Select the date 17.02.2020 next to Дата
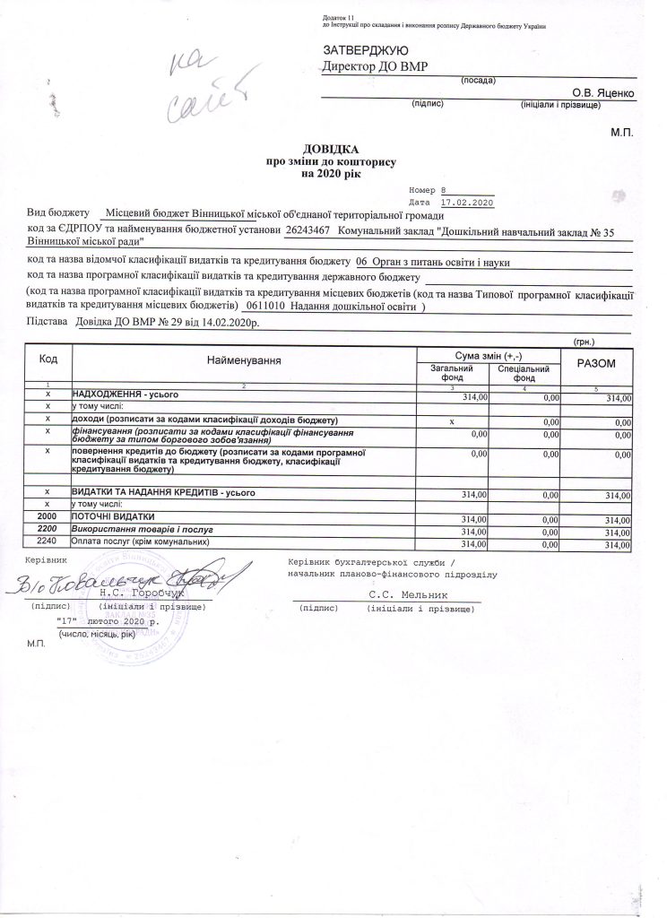pyautogui.click(x=467, y=203)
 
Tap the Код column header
pyautogui.click(x=49, y=359)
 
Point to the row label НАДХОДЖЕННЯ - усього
pyautogui.click(x=126, y=394)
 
